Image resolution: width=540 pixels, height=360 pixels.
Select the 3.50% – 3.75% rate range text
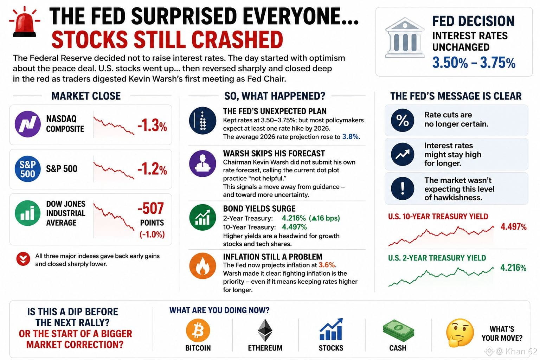(474, 63)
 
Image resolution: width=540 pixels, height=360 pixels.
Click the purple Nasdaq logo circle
(28, 124)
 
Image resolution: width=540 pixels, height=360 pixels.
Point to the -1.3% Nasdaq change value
(152, 126)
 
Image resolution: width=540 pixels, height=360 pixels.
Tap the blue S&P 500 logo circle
(28, 169)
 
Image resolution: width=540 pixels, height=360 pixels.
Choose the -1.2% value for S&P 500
(152, 169)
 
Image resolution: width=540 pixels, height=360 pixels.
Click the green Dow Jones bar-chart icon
(28, 213)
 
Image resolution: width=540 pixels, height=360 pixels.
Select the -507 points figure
(151, 208)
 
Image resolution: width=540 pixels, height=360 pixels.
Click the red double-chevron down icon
(24, 259)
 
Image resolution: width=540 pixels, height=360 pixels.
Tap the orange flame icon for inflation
(202, 266)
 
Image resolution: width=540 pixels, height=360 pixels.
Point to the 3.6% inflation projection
(327, 265)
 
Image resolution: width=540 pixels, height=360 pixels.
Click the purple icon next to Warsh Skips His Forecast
(202, 163)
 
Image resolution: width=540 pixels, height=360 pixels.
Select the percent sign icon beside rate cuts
(403, 120)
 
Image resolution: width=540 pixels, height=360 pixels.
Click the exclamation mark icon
(403, 188)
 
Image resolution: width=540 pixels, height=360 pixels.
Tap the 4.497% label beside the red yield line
(514, 227)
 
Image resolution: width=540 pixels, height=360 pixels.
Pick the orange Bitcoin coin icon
(198, 330)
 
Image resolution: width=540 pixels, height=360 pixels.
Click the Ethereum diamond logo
(265, 330)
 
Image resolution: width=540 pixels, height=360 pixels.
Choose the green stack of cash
(398, 330)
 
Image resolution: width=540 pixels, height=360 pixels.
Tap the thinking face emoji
(460, 333)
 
